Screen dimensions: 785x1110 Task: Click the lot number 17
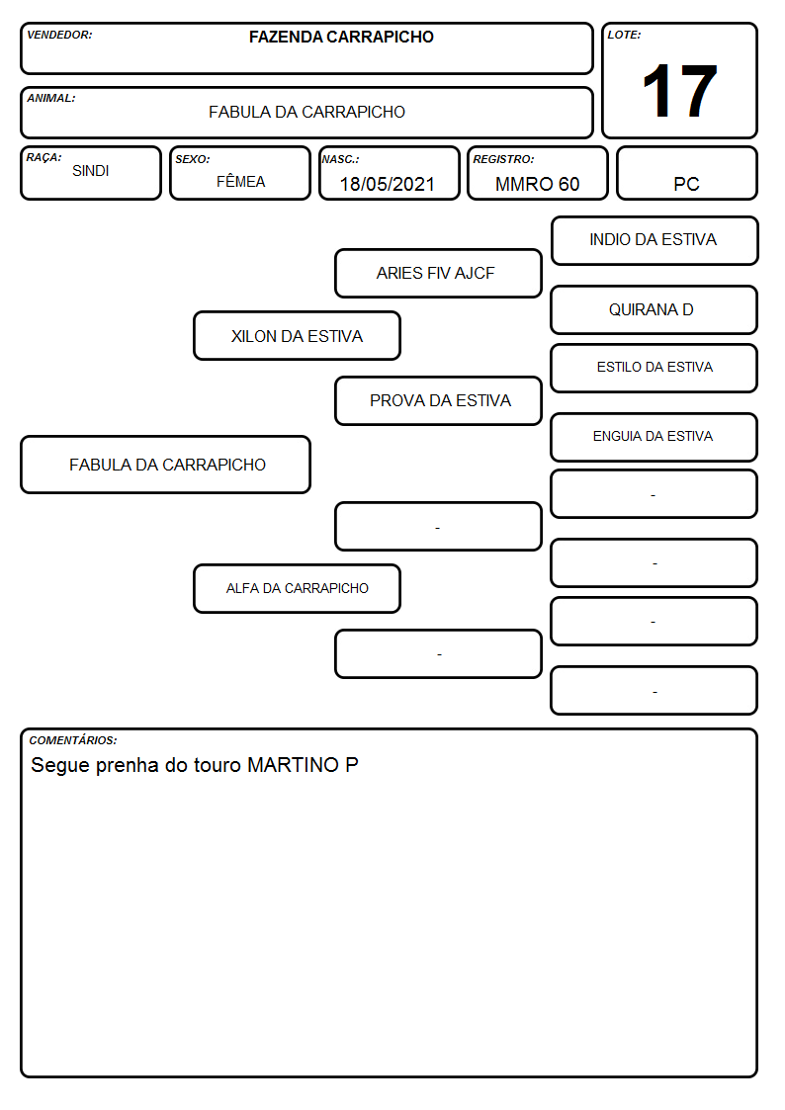[x=679, y=91]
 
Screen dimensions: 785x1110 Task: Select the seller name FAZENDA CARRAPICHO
[x=341, y=37]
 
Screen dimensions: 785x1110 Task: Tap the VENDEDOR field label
[x=59, y=35]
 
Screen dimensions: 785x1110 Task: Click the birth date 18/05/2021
[x=388, y=184]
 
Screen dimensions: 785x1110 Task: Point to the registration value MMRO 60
[x=537, y=184]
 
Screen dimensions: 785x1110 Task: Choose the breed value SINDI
[x=91, y=171]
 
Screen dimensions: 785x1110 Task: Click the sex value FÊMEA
[x=240, y=181]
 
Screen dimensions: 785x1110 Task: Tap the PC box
[x=686, y=173]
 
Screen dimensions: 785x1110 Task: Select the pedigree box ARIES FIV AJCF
[x=438, y=273]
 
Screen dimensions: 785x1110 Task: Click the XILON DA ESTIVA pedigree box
[x=298, y=335]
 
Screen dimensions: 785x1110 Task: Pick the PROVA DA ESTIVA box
[x=438, y=400]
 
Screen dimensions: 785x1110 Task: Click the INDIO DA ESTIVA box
[x=654, y=241]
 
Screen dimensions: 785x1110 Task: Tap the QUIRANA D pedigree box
[x=654, y=310]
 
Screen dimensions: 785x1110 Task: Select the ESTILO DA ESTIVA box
[x=654, y=368]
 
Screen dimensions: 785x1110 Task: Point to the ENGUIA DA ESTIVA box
[x=654, y=438]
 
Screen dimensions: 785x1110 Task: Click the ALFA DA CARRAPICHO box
[x=298, y=588]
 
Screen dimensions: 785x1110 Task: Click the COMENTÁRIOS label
[x=73, y=740]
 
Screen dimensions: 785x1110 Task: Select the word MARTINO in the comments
[x=293, y=764]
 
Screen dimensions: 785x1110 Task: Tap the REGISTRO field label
[x=503, y=159]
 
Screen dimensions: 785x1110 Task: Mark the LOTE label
[x=624, y=35]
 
